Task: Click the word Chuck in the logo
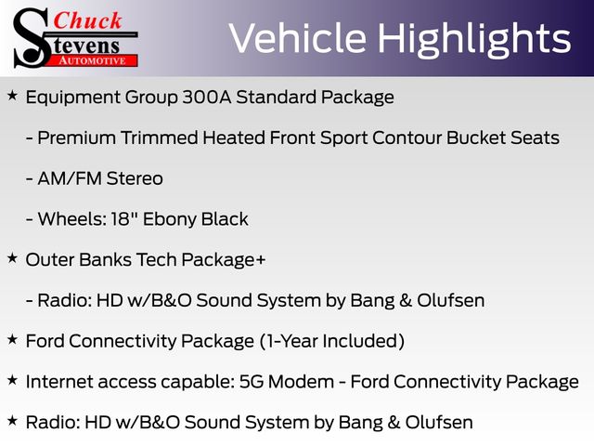87,20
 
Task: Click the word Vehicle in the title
297,37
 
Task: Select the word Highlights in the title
474,40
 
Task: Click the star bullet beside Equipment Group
12,96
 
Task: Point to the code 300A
206,97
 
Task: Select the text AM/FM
70,178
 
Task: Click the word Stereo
135,178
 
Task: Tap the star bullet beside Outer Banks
12,258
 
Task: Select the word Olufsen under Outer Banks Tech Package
450,300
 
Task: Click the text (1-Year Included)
332,341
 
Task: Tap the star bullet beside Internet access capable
12,380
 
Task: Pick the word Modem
301,382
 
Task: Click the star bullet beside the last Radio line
12,421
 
